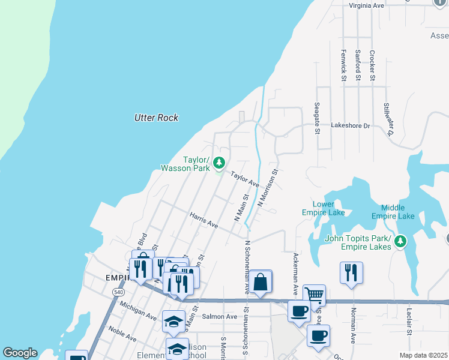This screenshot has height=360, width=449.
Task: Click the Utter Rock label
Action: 156,118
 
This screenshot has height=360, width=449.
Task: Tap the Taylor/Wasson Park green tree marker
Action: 220,162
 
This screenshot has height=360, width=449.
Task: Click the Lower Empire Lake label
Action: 324,208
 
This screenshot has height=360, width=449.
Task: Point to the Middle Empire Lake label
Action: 393,212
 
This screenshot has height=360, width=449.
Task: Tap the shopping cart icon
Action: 314,294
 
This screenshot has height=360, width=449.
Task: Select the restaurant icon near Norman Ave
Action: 351,272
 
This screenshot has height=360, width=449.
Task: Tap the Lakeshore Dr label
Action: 351,126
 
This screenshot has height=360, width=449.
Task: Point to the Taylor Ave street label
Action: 245,179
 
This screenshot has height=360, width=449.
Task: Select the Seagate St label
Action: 317,115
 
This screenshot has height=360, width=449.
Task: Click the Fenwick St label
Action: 344,65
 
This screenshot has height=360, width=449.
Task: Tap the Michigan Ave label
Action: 138,311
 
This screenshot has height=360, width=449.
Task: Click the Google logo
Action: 20,353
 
